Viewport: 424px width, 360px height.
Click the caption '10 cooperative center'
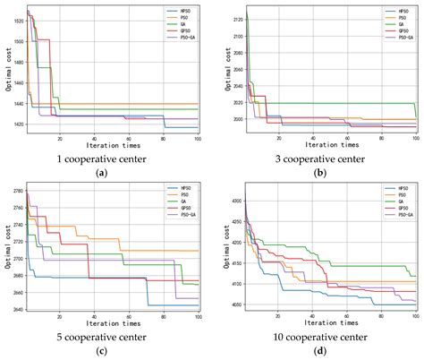tap(319, 337)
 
